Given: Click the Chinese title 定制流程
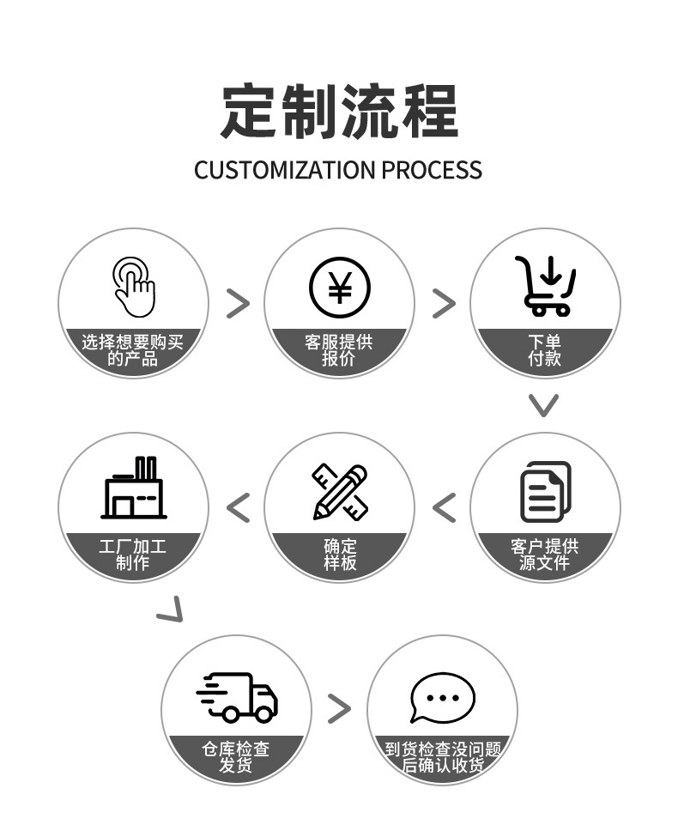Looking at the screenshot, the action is point(339,112).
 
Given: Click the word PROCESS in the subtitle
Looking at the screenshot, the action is point(432,170).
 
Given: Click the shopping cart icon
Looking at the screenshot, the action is point(546,286).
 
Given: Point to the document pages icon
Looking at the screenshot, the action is point(546,492).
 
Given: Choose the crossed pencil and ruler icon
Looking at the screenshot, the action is point(339,492).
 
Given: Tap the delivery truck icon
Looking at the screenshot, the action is point(237,696).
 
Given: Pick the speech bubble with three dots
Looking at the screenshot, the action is point(442,696).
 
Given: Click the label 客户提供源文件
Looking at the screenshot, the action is point(545,555).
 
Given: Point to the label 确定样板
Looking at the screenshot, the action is point(340,555).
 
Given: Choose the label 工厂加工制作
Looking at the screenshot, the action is point(133,555).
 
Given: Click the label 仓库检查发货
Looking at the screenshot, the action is point(236,758).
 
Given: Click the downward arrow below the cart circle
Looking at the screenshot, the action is point(543,404).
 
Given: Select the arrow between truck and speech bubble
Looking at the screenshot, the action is point(340,708).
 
